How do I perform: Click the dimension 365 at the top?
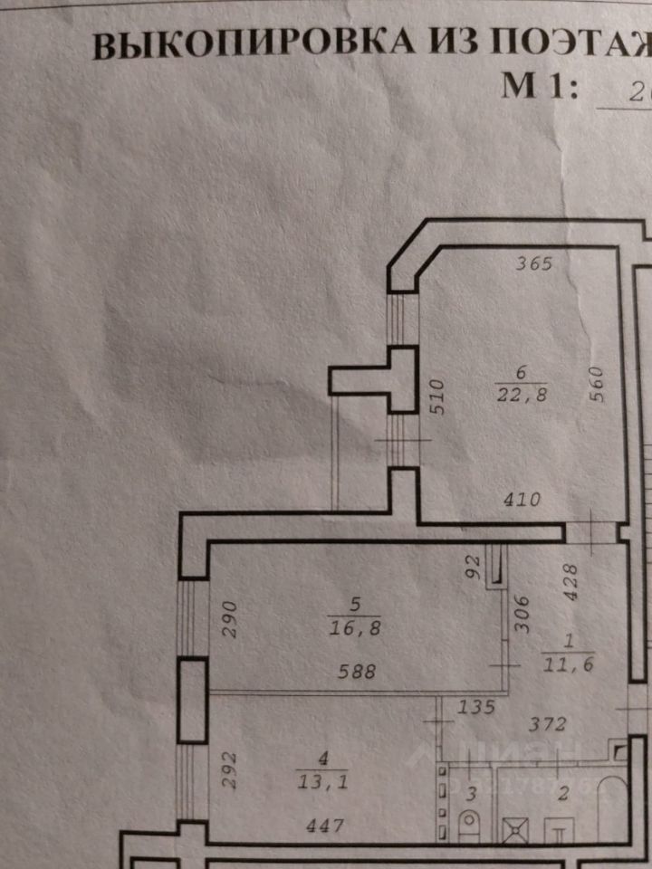coord(533,264)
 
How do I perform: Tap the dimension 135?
coord(477,706)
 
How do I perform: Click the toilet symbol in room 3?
coord(470,826)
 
